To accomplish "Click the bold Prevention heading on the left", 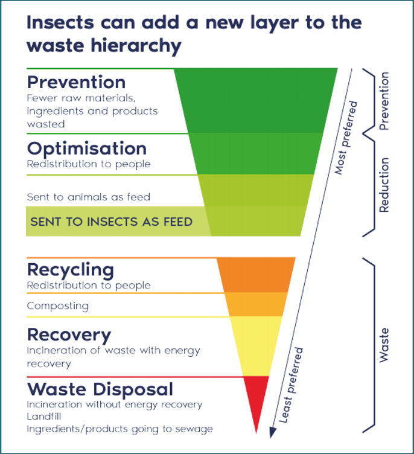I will [76, 82].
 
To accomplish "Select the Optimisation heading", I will [86, 149].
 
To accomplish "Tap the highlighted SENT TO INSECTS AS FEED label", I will [111, 222].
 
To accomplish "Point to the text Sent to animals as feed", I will [88, 197].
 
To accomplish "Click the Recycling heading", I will [70, 269].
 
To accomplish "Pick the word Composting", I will [57, 305].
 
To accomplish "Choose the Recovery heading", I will [69, 334].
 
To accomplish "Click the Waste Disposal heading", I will [100, 389].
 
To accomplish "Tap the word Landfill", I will [45, 417].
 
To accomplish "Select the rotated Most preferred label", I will [346, 138].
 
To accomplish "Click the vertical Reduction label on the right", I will [384, 185].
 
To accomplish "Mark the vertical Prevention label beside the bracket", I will [384, 101].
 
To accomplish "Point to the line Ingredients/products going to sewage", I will [119, 429].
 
